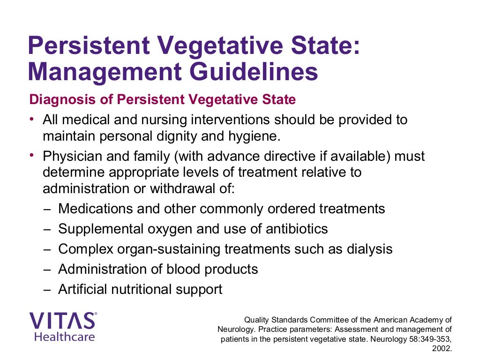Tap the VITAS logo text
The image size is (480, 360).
63,321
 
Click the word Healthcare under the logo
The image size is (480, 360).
64,337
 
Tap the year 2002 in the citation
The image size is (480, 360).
443,349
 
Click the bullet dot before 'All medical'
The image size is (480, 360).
31,118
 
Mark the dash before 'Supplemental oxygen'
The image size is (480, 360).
46,229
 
